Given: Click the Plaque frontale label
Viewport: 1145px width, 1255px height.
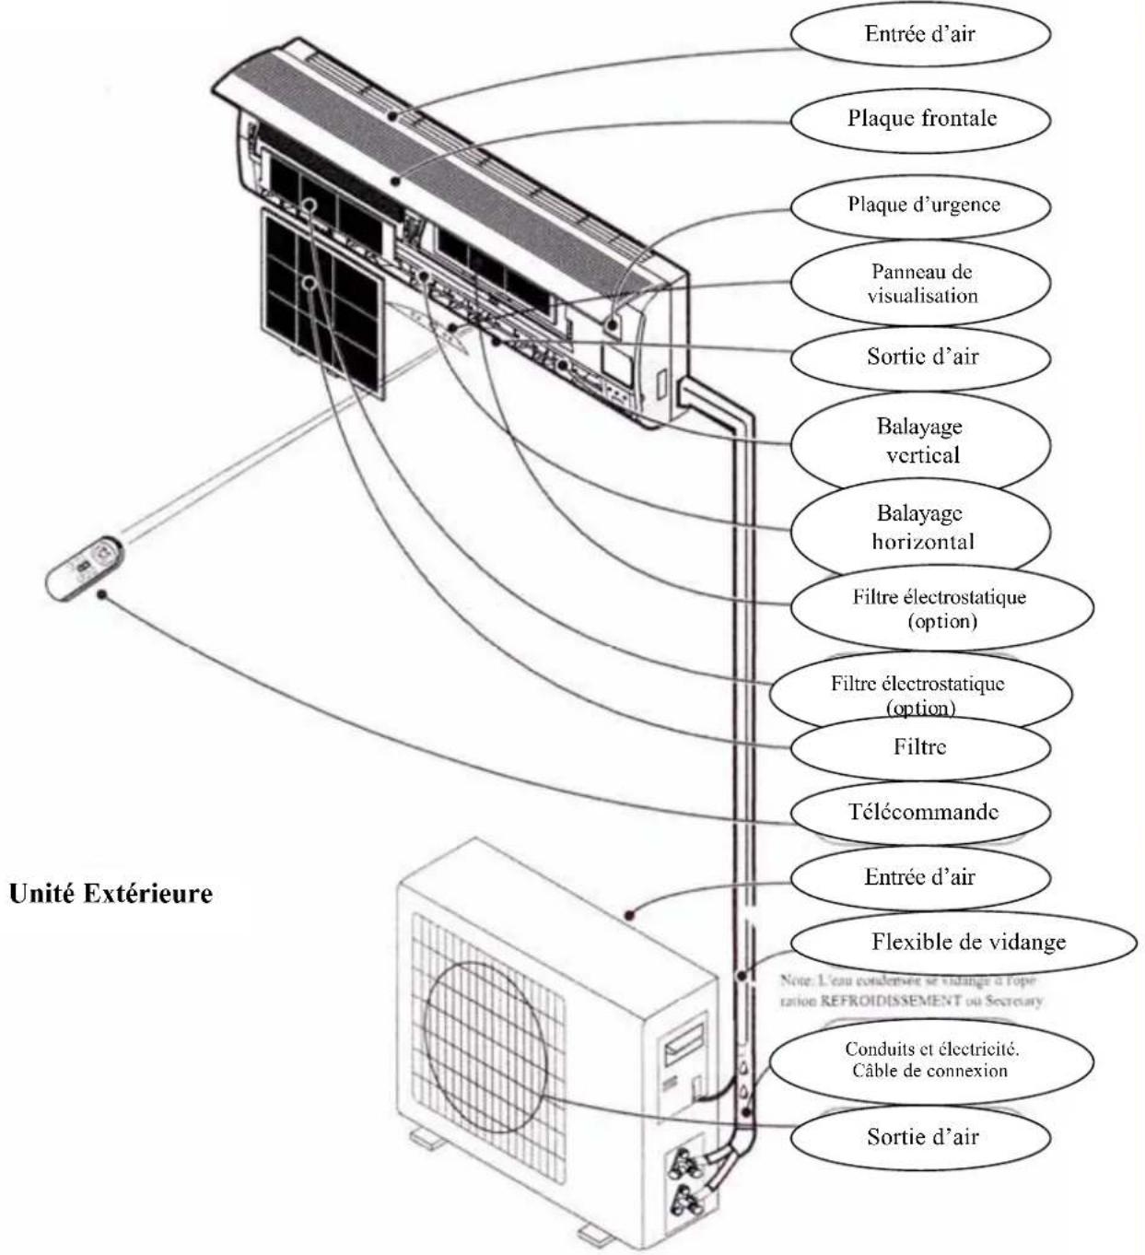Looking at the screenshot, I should pyautogui.click(x=921, y=118).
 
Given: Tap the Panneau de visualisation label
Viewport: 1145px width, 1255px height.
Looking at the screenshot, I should pyautogui.click(x=921, y=284).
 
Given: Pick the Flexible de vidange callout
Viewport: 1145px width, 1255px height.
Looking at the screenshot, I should pyautogui.click(x=967, y=942).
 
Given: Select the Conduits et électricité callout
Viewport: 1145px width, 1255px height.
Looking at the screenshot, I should pyautogui.click(x=930, y=1060).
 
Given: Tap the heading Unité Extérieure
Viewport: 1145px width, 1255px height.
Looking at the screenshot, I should pyautogui.click(x=111, y=894).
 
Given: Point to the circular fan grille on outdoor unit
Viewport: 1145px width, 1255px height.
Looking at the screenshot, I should pyautogui.click(x=484, y=1037).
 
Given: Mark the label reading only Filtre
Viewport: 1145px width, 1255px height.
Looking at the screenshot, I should pyautogui.click(x=919, y=746).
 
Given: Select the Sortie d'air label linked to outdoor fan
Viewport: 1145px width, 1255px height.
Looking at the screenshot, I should pyautogui.click(x=921, y=1136).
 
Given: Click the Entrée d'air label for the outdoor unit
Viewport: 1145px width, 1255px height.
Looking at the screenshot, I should pyautogui.click(x=919, y=877).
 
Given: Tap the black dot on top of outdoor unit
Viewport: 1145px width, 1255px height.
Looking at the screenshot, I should pyautogui.click(x=630, y=915).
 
